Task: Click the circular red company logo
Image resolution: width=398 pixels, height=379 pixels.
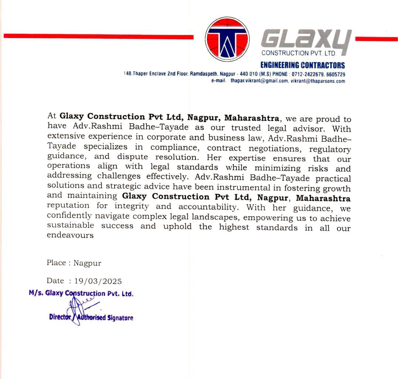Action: point(227,39)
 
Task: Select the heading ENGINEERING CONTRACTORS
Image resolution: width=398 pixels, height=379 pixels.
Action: point(302,65)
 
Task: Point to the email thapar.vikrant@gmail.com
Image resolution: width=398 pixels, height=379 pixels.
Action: point(259,81)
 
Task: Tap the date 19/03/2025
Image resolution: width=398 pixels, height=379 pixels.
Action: point(98,281)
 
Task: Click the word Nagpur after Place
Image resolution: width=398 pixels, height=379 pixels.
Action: point(87,263)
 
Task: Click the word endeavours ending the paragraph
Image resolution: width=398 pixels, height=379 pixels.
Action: point(70,235)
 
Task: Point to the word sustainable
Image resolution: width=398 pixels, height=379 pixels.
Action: point(70,225)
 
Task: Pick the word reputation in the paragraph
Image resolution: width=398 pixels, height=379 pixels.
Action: point(68,205)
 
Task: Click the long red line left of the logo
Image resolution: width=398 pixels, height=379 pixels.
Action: point(98,36)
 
